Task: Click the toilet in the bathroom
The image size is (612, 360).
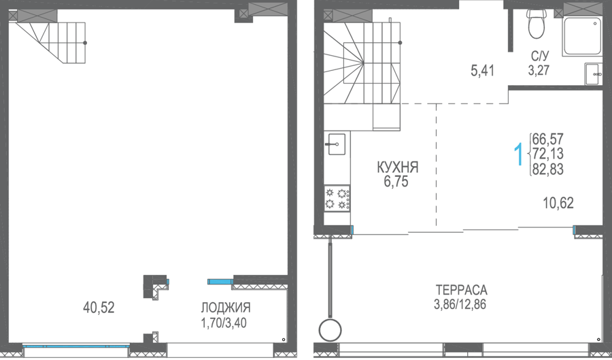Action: click(537, 24)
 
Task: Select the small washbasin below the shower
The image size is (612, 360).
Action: click(593, 73)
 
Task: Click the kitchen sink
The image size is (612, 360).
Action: click(337, 144)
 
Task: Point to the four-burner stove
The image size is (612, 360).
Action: click(337, 198)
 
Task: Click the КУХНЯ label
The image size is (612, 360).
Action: click(397, 167)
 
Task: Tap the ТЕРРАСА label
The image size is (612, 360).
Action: click(461, 290)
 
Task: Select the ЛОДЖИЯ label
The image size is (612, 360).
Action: click(226, 308)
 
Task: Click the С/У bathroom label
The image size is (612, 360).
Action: click(539, 56)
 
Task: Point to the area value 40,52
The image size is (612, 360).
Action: click(99, 308)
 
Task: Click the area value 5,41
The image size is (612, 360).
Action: click(482, 71)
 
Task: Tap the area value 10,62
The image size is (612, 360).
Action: click(558, 203)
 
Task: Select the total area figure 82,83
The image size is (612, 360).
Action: click(547, 169)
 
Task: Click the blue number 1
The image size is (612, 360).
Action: click(519, 154)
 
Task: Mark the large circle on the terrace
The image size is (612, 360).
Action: click(330, 331)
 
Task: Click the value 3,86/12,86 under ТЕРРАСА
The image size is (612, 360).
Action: click(460, 304)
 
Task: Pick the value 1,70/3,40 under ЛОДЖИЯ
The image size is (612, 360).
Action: click(224, 323)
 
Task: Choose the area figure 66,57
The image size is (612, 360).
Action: click(547, 139)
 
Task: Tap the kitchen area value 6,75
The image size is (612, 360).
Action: click(396, 182)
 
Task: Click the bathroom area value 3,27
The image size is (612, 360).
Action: click(539, 70)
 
